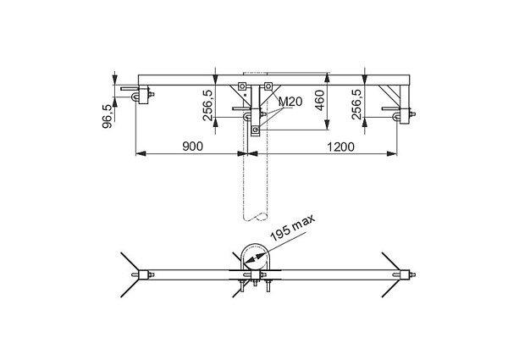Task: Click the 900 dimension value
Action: (193, 147)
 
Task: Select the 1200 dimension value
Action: (340, 147)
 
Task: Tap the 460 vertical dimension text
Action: (320, 101)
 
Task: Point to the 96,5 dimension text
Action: (108, 116)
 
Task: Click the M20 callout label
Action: (290, 102)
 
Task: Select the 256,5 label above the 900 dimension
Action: (208, 105)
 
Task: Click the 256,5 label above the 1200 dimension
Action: (357, 104)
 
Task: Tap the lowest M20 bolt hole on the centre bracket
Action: (256, 130)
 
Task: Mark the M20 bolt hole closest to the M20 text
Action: (268, 86)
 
